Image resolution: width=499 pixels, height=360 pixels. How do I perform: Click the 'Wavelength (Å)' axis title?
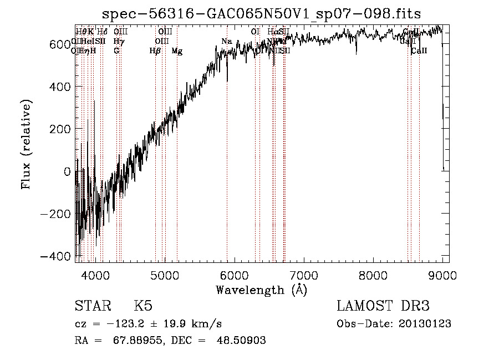tap(261, 290)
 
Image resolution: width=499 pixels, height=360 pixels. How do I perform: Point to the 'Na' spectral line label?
tap(226, 42)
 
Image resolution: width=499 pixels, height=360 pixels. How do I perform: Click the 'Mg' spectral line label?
tap(177, 51)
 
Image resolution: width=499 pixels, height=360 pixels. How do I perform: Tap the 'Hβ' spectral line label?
tap(155, 51)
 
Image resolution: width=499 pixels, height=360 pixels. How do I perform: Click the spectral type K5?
tap(143, 306)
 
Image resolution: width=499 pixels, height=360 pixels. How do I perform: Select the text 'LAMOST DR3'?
tap(383, 306)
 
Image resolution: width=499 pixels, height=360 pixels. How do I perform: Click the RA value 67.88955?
tap(129, 341)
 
